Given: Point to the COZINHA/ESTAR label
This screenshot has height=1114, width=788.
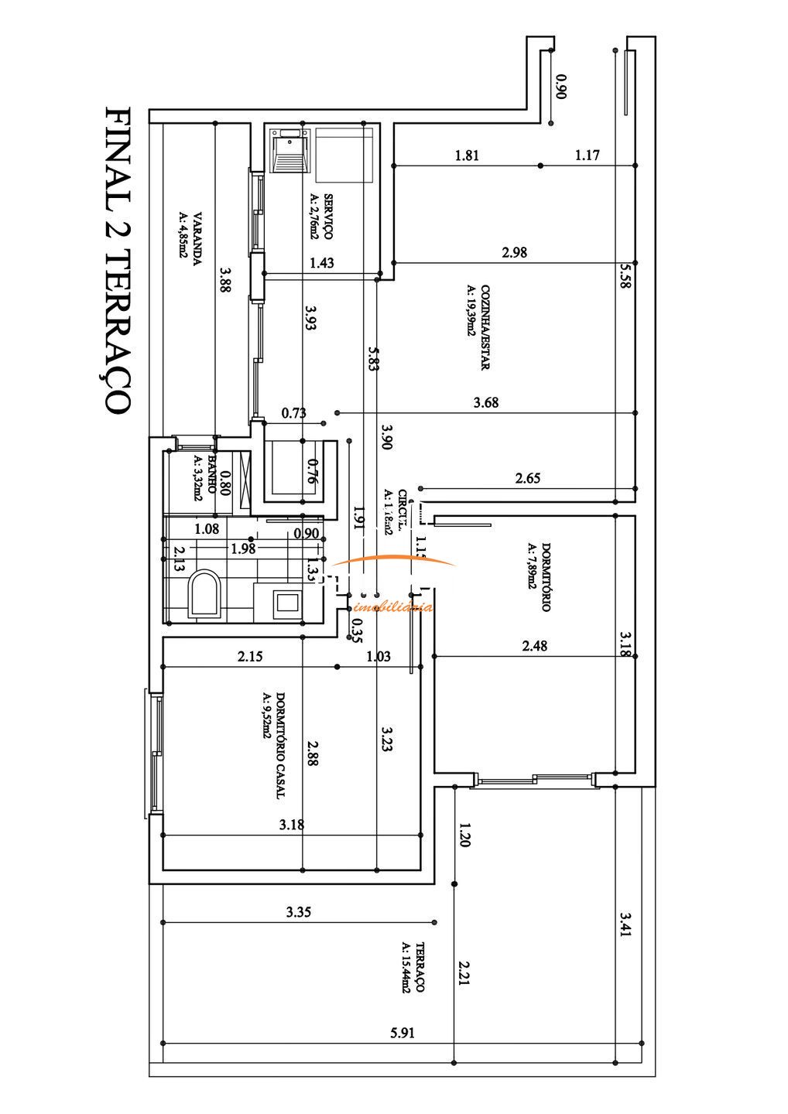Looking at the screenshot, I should point(478,326).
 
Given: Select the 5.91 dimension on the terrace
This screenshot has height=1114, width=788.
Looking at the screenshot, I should point(402,1031).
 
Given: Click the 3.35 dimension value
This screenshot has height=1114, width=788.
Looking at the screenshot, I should point(298,912).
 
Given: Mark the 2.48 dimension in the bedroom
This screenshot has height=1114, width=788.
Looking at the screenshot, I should point(534,646).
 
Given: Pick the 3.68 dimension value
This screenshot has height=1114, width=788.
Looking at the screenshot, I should point(485,402).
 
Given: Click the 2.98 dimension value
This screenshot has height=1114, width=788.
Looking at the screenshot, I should point(514,251).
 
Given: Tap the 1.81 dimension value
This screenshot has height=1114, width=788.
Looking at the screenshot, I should point(467,155).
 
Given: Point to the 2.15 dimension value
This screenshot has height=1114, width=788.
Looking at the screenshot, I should point(250,656).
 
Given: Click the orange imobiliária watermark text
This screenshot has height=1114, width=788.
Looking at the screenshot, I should point(397,607).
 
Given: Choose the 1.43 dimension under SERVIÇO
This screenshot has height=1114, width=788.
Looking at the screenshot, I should point(321,263).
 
